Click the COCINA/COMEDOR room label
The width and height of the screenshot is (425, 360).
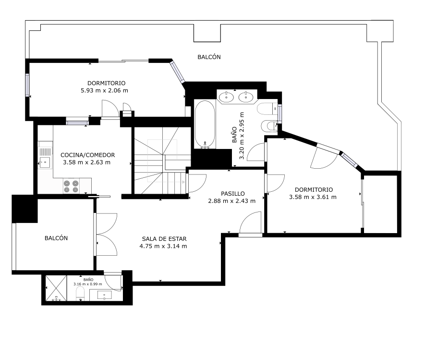87,155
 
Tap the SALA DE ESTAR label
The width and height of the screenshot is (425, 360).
164,239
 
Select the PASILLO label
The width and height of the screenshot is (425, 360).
233,193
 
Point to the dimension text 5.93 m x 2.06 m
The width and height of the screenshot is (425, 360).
104,90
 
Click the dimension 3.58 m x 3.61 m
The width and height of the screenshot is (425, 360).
313,197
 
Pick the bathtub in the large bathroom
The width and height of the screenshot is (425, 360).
205,124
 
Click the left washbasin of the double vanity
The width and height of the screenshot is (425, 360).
226,97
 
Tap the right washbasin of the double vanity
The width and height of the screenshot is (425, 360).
246,97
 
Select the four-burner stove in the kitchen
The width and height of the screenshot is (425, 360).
71,186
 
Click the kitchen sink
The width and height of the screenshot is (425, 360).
45,162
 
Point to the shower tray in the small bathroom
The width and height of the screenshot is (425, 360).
56,288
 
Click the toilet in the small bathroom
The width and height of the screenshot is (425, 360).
80,294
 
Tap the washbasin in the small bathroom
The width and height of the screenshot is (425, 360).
104,295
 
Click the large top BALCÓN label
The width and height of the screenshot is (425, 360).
209,57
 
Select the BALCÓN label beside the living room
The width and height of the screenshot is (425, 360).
56,238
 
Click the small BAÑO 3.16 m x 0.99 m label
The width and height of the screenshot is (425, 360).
88,282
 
